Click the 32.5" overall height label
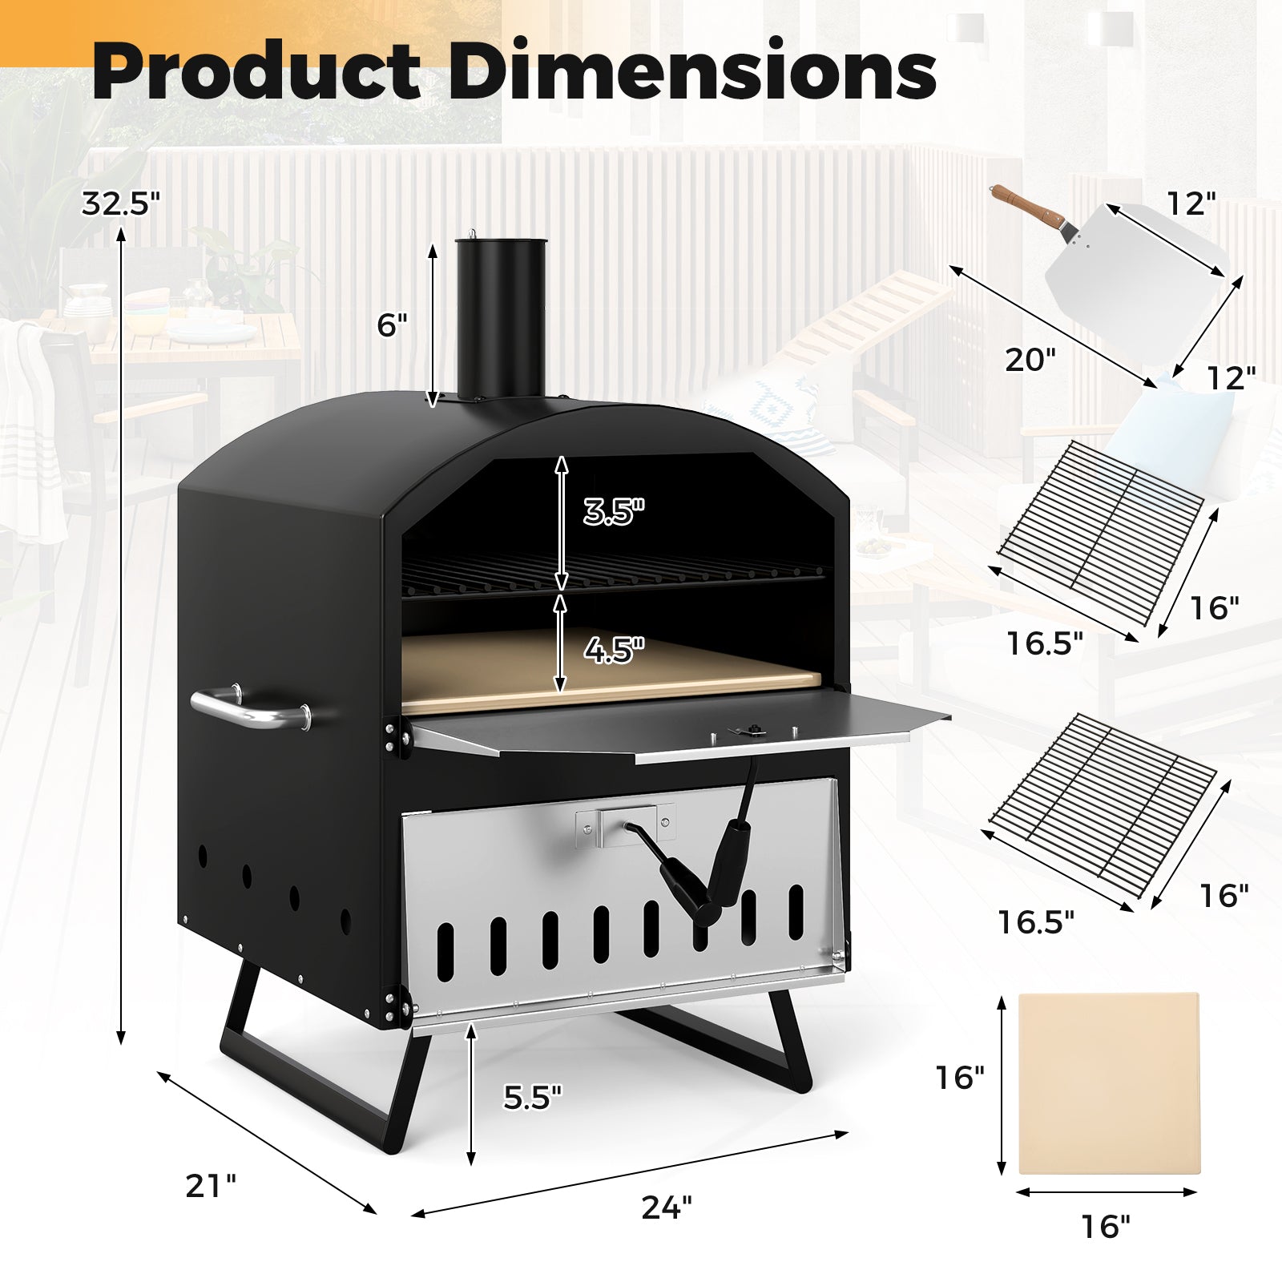click(x=121, y=204)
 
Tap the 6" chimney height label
click(x=392, y=325)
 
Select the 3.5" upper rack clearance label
click(x=613, y=511)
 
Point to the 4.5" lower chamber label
click(x=613, y=650)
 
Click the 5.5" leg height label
click(x=533, y=1096)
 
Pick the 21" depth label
click(x=211, y=1185)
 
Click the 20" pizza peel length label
click(x=1025, y=360)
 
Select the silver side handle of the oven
click(x=248, y=709)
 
